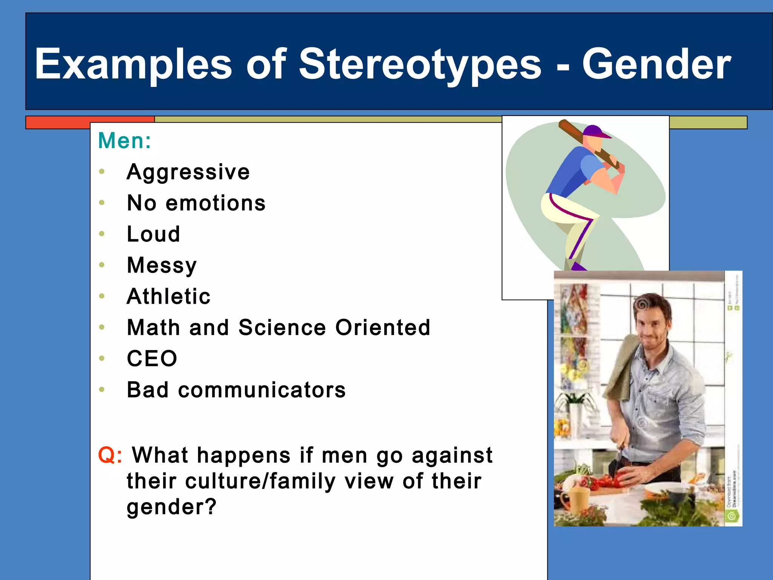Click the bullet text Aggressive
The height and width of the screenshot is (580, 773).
188,172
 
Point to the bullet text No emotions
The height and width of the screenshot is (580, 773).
196,203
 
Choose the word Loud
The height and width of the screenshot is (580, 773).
153,234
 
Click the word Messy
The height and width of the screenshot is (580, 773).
162,265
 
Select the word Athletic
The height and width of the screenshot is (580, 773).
169,296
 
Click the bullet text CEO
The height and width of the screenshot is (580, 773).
152,358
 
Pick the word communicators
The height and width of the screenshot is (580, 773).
262,390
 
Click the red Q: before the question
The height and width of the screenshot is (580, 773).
110,455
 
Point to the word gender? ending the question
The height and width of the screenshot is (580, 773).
172,507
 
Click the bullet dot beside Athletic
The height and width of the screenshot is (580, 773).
102,296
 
